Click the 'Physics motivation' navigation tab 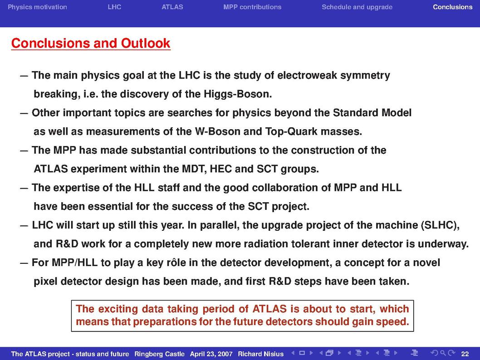point(37,7)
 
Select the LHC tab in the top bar point(114,7)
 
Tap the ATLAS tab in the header point(172,7)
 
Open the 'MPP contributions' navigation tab point(252,7)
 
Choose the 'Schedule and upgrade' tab point(357,7)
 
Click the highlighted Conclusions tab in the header point(453,7)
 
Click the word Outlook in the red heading point(146,43)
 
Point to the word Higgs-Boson point(238,94)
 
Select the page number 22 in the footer point(465,354)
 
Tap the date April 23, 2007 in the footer point(211,354)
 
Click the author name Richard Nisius point(261,354)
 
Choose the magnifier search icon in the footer point(443,353)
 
